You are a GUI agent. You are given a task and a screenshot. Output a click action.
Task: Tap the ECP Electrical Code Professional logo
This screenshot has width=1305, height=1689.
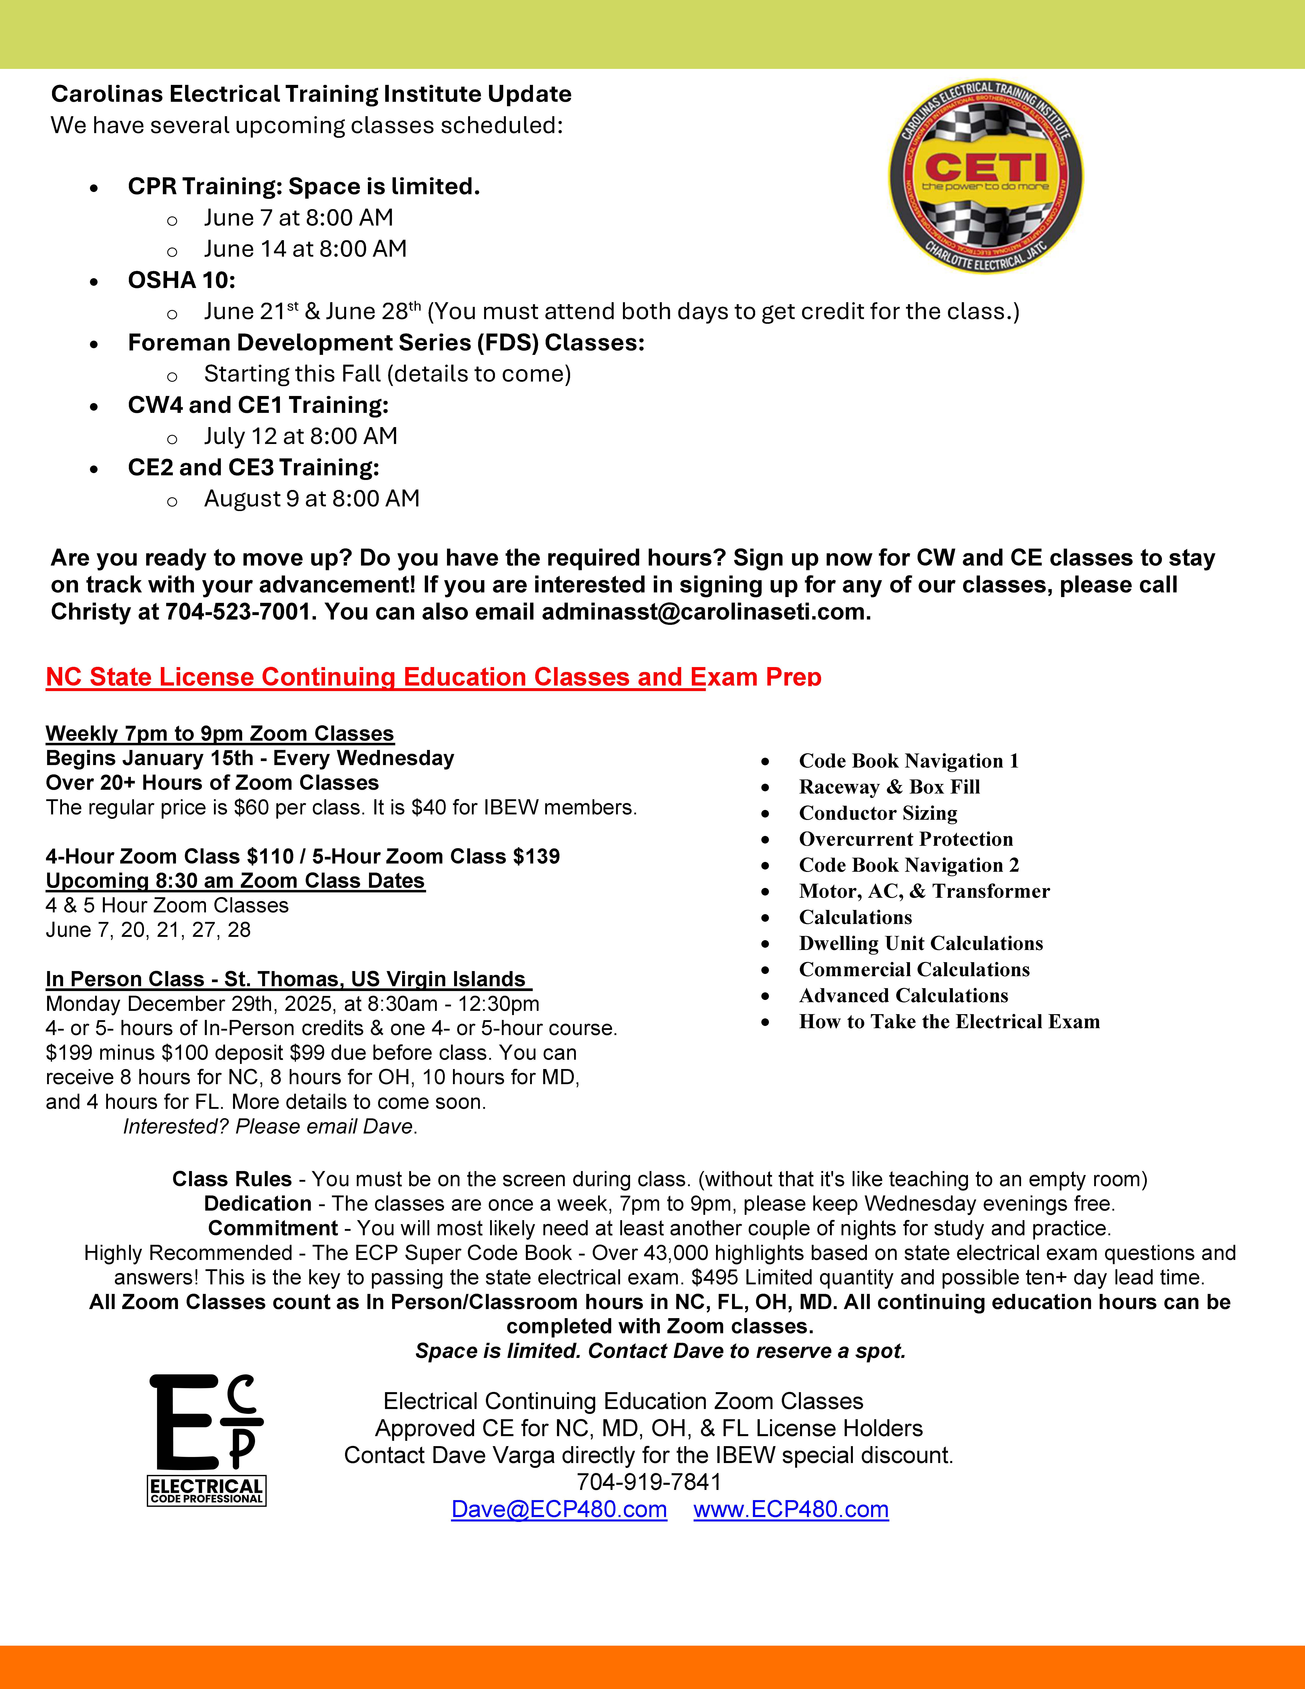206,1440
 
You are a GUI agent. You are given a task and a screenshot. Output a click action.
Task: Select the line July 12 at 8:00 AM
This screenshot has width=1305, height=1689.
301,436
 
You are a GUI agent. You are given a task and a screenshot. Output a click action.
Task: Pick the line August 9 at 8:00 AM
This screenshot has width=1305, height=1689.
311,499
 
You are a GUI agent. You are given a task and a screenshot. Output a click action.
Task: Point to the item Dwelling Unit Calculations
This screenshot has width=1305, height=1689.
921,943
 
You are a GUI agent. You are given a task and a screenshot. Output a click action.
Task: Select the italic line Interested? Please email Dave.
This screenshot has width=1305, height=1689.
270,1127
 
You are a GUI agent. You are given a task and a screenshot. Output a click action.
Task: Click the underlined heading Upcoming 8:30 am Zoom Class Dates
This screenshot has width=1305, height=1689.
235,881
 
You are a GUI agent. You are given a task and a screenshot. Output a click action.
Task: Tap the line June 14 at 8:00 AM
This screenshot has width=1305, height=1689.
305,249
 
